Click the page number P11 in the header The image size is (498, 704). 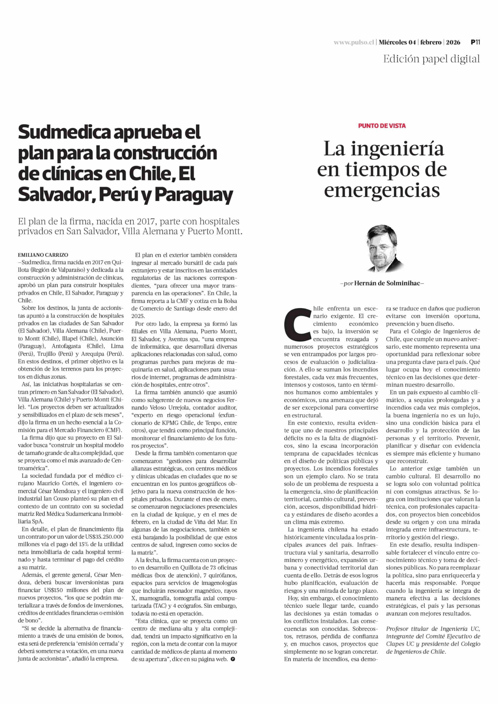[475, 42]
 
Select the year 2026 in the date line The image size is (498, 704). [453, 42]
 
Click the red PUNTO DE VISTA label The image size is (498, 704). [382, 126]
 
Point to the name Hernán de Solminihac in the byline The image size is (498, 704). [388, 283]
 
